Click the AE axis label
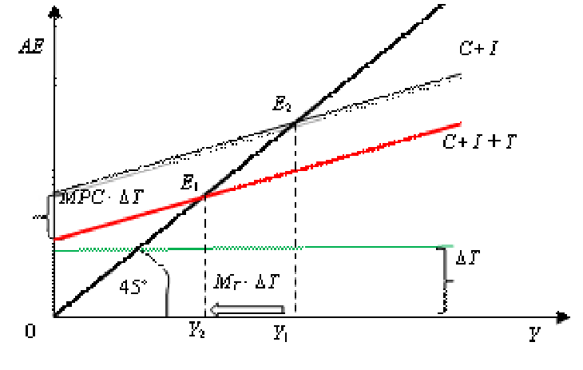[32, 46]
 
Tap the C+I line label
[478, 49]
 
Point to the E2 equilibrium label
[281, 103]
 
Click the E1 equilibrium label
[189, 183]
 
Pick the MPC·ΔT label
[89, 197]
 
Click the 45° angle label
[133, 287]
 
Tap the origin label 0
[30, 331]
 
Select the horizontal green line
[240, 249]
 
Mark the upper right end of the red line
[460, 124]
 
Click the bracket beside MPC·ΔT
[50, 214]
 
